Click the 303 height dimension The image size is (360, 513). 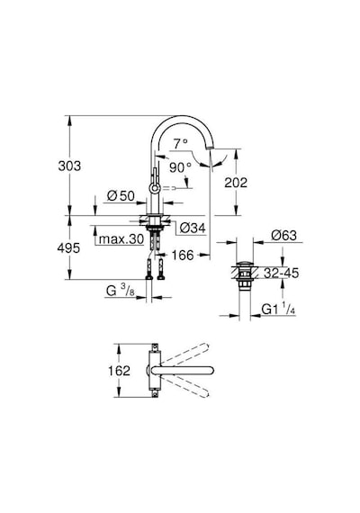pyautogui.click(x=69, y=166)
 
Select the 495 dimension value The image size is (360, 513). pyautogui.click(x=68, y=248)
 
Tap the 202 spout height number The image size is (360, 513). pyautogui.click(x=236, y=183)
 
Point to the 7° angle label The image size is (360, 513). pyautogui.click(x=181, y=144)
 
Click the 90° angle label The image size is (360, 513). pyautogui.click(x=180, y=167)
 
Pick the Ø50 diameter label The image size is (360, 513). pyautogui.click(x=121, y=196)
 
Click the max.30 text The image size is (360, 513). pyautogui.click(x=121, y=239)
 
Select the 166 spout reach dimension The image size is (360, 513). pyautogui.click(x=183, y=255)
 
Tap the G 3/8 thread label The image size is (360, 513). pyautogui.click(x=120, y=291)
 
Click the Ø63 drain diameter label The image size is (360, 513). pyautogui.click(x=283, y=235)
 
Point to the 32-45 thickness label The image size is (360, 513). pyautogui.click(x=282, y=273)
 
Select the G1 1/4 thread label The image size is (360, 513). pyautogui.click(x=278, y=310)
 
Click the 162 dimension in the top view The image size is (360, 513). pyautogui.click(x=119, y=371)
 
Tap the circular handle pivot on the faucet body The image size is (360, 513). pyautogui.click(x=154, y=188)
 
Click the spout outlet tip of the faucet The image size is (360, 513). pyautogui.click(x=210, y=149)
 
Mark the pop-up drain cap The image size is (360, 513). pyautogui.click(x=244, y=264)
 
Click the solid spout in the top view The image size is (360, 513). pyautogui.click(x=183, y=371)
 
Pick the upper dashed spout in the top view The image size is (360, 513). pyautogui.click(x=184, y=354)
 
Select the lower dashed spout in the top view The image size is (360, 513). pyautogui.click(x=184, y=386)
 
